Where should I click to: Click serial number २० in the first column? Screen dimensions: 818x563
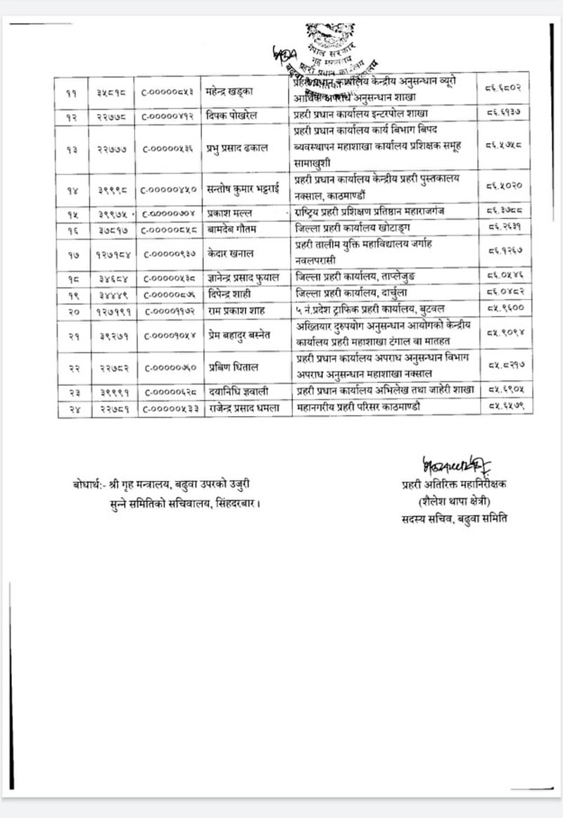pos(73,308)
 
